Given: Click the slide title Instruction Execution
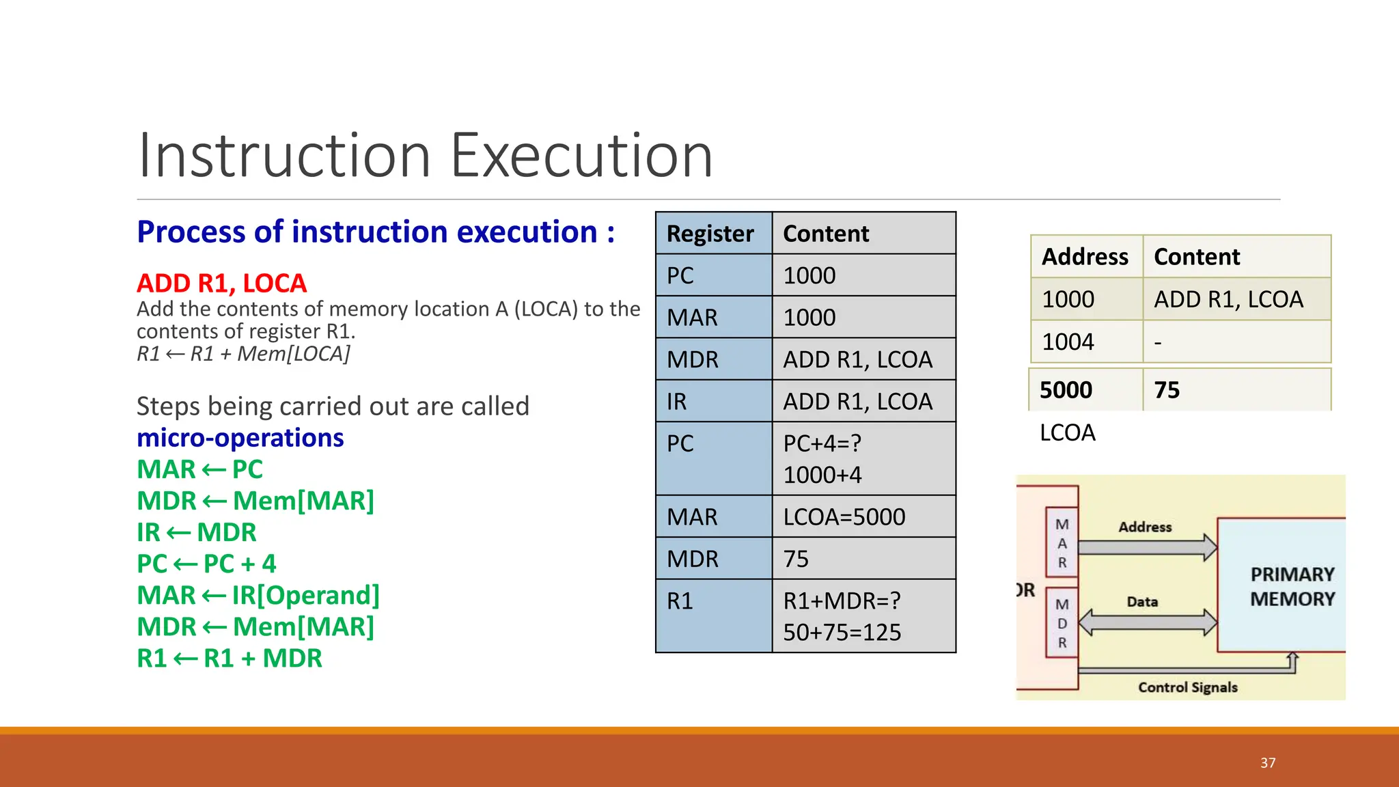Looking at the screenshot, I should point(425,156).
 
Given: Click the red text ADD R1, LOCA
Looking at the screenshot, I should point(221,283).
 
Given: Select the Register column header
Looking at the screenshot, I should point(710,234).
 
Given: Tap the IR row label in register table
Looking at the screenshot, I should point(678,401).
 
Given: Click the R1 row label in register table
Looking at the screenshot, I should point(680,601).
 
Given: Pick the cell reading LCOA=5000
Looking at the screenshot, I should point(844,517).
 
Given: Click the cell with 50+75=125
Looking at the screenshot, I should point(842,633).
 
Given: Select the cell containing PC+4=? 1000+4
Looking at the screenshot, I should point(824,459).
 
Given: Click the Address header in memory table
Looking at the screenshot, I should point(1085,257).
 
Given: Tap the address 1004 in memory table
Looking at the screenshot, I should point(1068,342).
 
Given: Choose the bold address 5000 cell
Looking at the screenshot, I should point(1066,390).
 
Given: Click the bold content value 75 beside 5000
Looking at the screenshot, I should point(1167,390).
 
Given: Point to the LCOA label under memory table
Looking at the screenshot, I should point(1067,432).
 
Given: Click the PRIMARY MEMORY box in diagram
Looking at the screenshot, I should point(1291,586).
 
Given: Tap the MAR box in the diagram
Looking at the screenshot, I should point(1062,543).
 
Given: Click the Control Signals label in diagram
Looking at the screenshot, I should point(1187,687).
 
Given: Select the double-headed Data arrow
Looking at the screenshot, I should point(1148,622).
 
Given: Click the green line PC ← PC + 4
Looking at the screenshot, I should point(206,564).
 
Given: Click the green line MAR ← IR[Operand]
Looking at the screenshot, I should point(258,595).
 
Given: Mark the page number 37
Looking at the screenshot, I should point(1268,763).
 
